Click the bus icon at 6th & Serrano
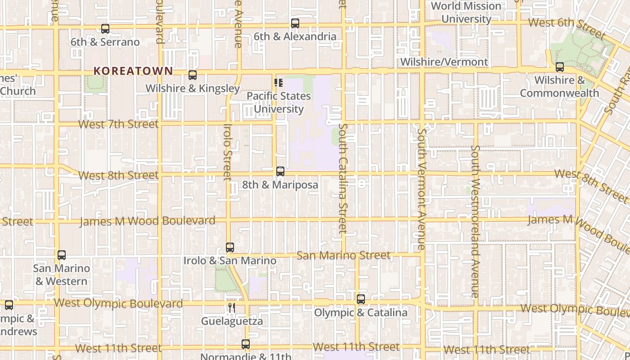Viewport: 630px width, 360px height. pos(105,29)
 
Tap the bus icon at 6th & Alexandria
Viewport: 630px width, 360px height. pos(295,23)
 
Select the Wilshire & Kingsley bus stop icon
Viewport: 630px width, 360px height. pos(193,75)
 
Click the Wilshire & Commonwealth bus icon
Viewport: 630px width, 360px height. pos(560,67)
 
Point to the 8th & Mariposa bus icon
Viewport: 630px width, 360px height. pos(280,171)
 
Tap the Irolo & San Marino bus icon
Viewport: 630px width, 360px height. pos(230,247)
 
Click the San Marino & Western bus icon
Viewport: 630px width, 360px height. pos(62,255)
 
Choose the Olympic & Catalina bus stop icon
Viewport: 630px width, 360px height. pos(361,299)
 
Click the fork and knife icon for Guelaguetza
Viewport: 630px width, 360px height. pos(232,308)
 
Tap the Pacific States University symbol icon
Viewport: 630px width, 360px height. pos(279,83)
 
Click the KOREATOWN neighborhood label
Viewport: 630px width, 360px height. pos(133,71)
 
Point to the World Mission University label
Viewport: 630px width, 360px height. pos(466,13)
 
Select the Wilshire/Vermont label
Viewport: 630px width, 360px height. pos(444,62)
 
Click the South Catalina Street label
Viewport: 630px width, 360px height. pos(343,178)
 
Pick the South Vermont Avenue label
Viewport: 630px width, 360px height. pos(421,189)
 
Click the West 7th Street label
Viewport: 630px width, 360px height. pos(119,124)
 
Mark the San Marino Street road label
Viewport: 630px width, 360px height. pos(343,255)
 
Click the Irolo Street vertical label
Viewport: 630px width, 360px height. pos(228,152)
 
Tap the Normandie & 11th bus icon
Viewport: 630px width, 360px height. pos(246,344)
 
